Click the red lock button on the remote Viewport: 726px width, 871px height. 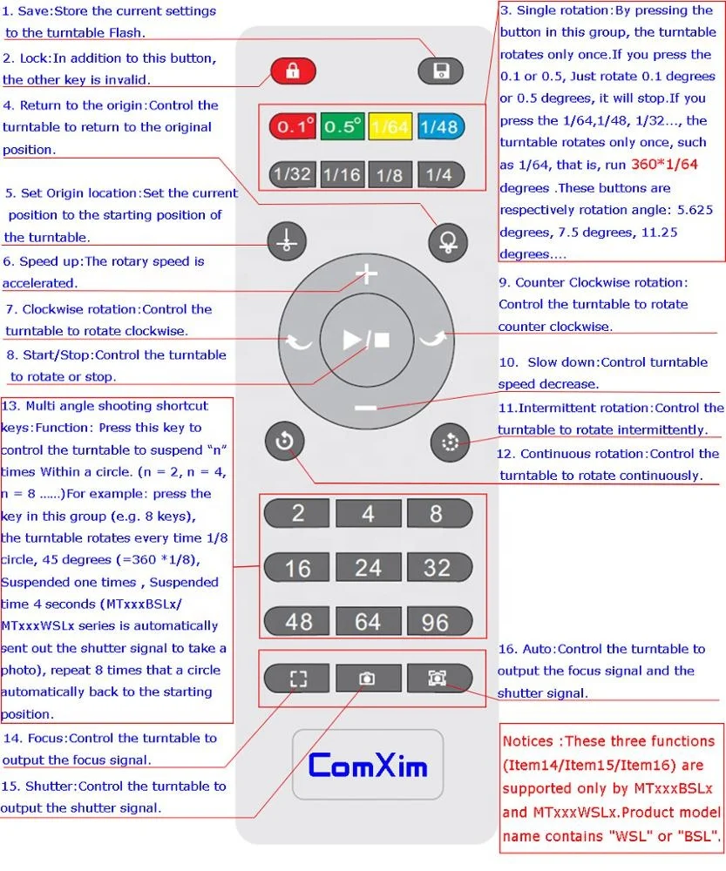[293, 71]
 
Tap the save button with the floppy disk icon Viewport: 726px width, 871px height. [440, 71]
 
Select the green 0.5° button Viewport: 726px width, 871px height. [343, 127]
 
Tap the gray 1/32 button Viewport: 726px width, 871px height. [292, 174]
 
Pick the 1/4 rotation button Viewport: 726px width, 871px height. [439, 174]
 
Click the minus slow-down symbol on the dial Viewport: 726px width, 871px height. [366, 408]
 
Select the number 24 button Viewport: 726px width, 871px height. [367, 568]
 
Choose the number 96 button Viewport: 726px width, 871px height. [435, 622]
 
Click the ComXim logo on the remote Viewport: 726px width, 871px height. [368, 766]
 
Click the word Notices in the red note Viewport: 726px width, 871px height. [528, 741]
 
